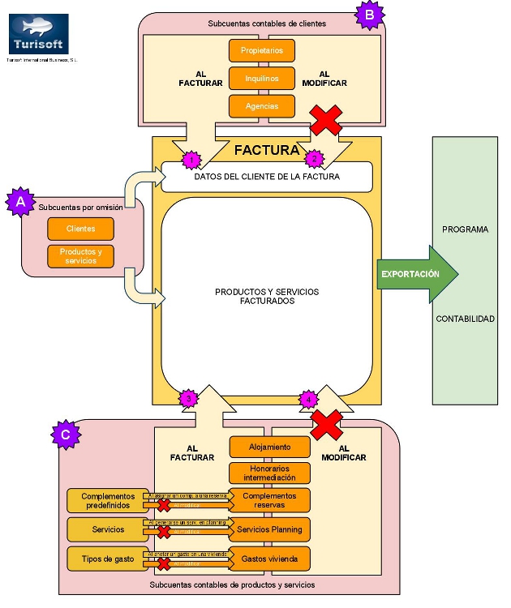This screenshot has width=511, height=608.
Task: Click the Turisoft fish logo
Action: (38, 33)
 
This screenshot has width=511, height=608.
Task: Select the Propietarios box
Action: (261, 50)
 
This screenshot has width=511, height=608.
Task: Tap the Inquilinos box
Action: (261, 78)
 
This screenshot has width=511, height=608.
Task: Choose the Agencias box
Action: (261, 105)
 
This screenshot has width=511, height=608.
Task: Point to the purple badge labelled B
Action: (369, 13)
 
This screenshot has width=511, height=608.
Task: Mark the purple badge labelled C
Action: (65, 435)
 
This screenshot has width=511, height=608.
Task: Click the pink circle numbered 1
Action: (191, 160)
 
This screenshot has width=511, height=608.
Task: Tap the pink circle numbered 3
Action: (188, 398)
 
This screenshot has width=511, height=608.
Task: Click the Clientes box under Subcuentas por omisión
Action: (80, 229)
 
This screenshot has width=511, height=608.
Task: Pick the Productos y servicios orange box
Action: (80, 255)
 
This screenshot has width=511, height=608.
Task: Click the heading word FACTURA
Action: (266, 150)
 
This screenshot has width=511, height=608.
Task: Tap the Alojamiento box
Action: (270, 446)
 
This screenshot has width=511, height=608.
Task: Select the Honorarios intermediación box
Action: (270, 473)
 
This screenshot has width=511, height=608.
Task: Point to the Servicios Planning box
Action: (270, 529)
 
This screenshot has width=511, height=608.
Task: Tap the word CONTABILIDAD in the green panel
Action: (465, 319)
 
